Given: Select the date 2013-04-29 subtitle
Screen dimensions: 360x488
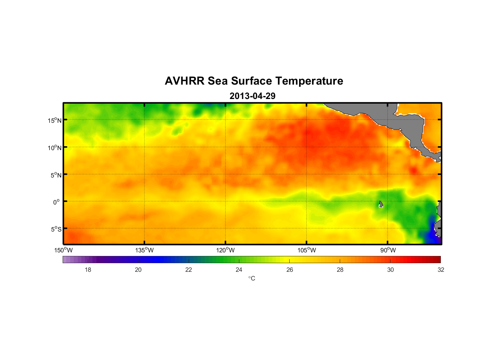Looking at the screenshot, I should coord(252,96).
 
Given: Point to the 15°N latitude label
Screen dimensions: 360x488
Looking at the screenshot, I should coord(55,120).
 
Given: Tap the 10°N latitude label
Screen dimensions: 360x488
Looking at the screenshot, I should coord(55,148).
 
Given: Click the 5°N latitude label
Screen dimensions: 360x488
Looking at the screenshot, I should coord(56,175).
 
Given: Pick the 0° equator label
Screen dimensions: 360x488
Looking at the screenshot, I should coord(57,202).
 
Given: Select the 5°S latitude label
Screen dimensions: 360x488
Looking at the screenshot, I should coord(56,229).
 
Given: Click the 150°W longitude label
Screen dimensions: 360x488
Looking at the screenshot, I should coord(64,250).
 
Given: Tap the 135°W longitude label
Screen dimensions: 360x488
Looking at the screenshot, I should coord(145,250).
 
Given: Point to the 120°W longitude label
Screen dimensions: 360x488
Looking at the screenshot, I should coord(226,250).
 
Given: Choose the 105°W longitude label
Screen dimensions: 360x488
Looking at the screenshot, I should coord(307,250).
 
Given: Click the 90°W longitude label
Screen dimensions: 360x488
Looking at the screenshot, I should coord(388,250).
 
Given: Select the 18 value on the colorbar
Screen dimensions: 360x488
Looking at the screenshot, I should coord(88,270).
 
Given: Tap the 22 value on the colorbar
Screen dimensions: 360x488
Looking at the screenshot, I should coord(189,270).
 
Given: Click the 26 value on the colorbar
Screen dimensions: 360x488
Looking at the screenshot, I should coord(290,270).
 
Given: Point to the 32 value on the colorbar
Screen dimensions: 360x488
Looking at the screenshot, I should coord(441,270).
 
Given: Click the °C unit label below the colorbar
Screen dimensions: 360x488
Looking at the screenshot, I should coord(252,278).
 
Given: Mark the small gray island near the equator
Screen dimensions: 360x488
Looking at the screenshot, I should coord(380,204).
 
